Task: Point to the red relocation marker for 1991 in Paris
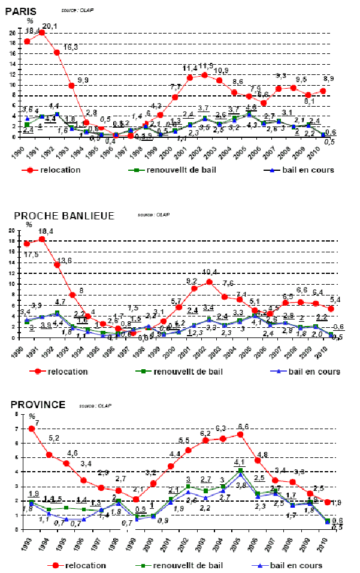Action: pyautogui.click(x=42, y=33)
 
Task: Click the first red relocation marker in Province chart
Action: pyautogui.click(x=31, y=429)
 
